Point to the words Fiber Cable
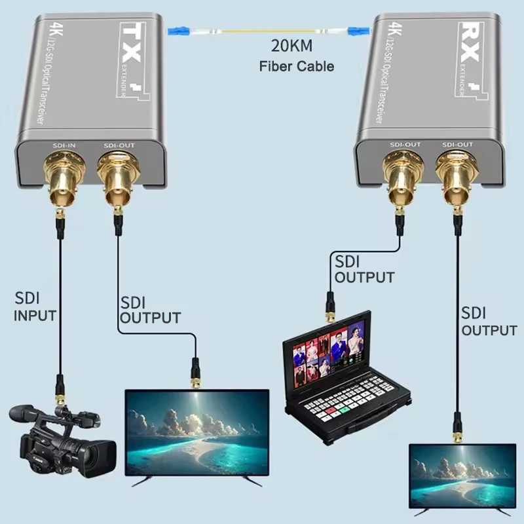pyautogui.click(x=296, y=66)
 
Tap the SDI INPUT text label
pyautogui.click(x=35, y=308)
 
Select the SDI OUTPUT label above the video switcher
pyautogui.click(x=364, y=269)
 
